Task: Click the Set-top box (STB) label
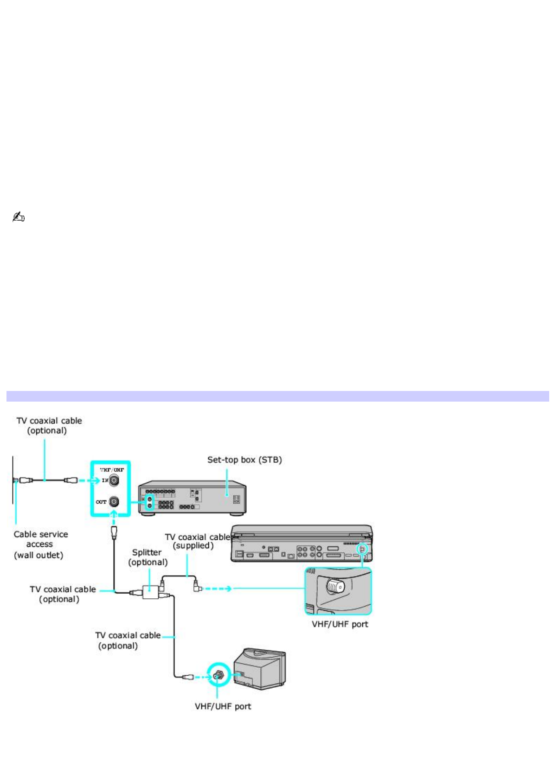[244, 460]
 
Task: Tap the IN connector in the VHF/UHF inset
[114, 480]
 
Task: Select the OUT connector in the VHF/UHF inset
[114, 501]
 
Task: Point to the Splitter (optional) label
[148, 557]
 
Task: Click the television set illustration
[260, 668]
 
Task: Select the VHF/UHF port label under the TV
[223, 706]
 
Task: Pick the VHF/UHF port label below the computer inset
[340, 624]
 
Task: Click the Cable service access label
[40, 539]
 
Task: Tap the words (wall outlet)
[39, 555]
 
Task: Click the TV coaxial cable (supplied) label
[197, 541]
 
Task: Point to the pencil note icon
[18, 217]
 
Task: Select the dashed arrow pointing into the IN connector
[89, 480]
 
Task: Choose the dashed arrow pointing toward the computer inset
[218, 589]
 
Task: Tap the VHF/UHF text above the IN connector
[112, 470]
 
